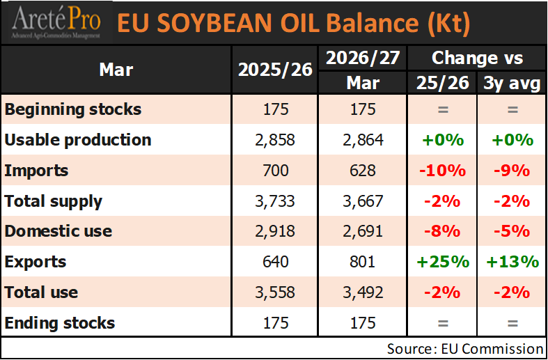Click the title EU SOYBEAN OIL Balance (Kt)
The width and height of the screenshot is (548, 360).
coord(292,24)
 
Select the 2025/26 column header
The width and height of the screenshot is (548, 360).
coord(275,70)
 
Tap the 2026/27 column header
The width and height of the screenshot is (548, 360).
coord(363,58)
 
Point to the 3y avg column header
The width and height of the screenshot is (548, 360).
coord(512,84)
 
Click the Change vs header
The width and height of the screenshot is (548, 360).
coord(477,58)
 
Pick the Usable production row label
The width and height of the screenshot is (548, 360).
coord(78,140)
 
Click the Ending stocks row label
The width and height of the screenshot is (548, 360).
coord(60,323)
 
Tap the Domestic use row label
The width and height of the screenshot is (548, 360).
coord(58,231)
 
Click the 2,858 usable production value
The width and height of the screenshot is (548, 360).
coord(275,140)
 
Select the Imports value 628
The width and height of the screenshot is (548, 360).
coord(363,171)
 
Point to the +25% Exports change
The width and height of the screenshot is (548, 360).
coord(442,262)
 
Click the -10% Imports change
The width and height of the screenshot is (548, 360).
coord(442,171)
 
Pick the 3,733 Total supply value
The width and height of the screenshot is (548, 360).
coord(275,201)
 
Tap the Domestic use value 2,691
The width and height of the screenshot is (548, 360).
coord(363,231)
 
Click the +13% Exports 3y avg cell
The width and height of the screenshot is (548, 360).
coord(512,262)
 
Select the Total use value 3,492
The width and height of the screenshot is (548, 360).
coord(363,292)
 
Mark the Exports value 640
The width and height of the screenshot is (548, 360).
coord(275,262)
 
